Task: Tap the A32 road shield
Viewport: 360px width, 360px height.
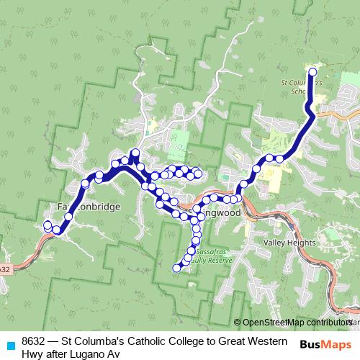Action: point(5,269)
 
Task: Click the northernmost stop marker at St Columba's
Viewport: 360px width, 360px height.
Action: point(312,72)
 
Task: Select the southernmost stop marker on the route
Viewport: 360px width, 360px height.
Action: point(176,269)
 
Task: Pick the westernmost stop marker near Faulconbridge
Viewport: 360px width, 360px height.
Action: point(48,225)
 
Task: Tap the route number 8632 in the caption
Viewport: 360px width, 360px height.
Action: point(35,341)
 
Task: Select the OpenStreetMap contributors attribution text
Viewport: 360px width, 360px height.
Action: point(295,323)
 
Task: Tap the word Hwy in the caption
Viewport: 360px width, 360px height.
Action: point(32,354)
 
